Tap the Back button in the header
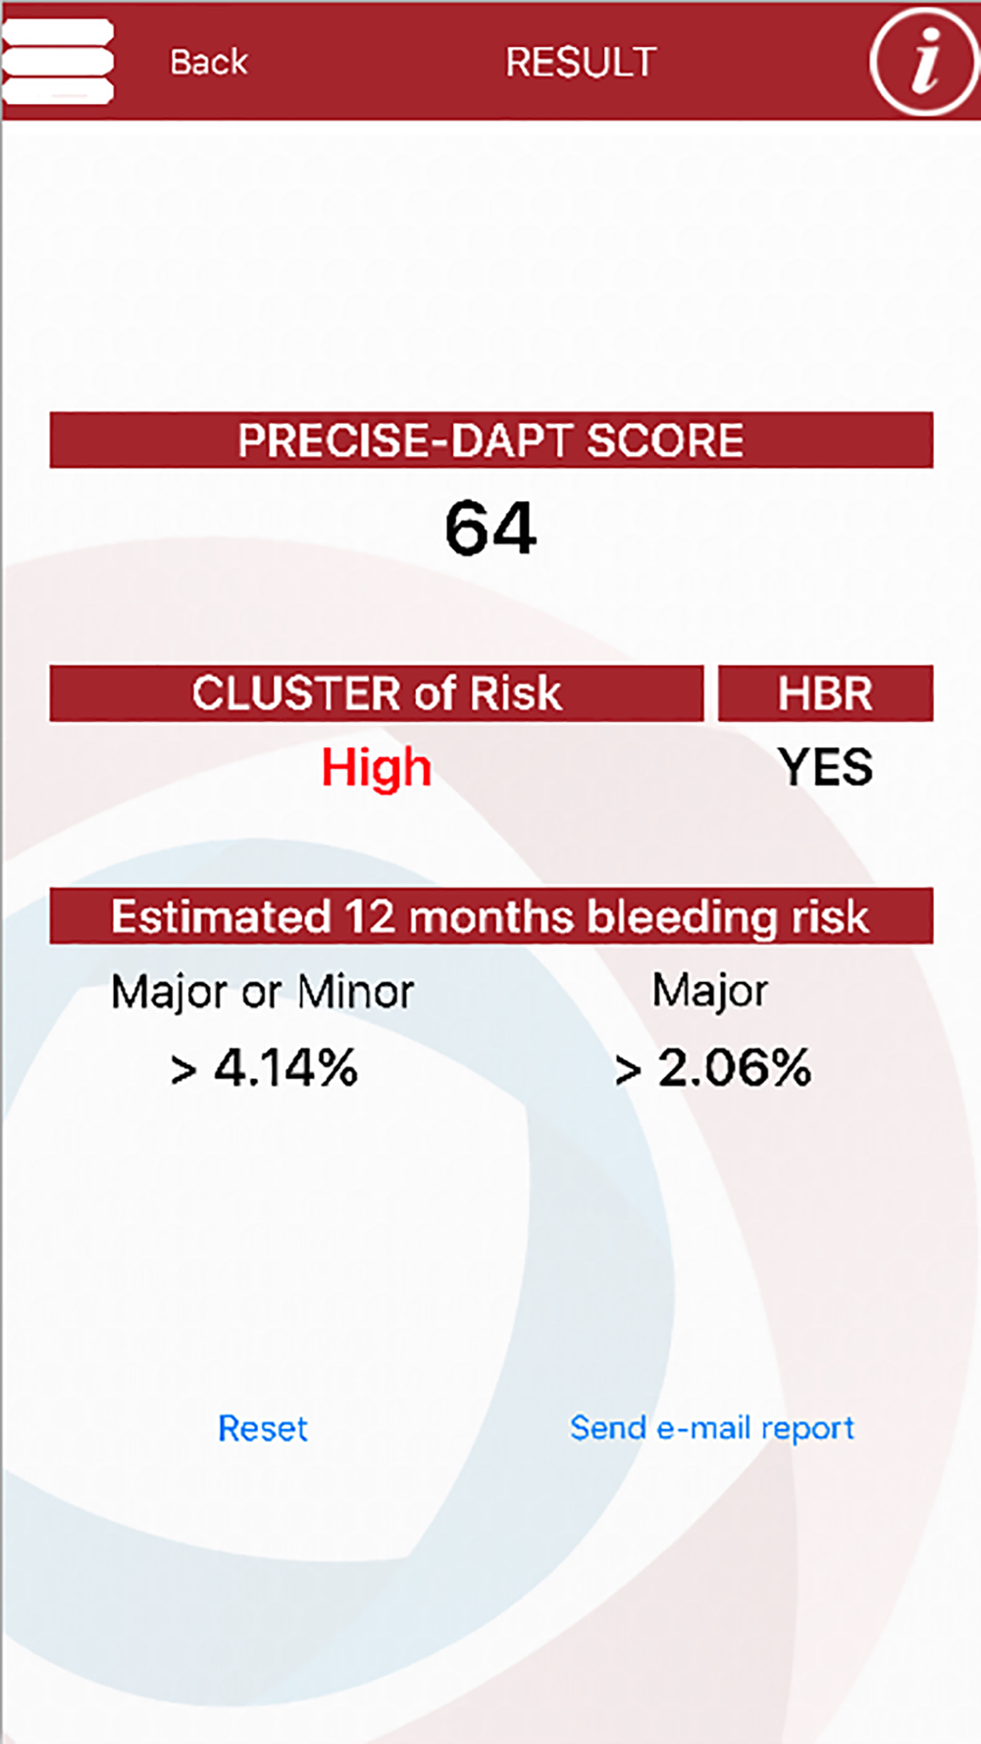(x=209, y=62)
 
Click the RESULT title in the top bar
(x=581, y=63)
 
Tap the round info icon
(x=923, y=61)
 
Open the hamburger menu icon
(x=57, y=61)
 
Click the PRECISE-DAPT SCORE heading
(x=490, y=440)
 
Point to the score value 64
(x=490, y=528)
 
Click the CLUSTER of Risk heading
(x=377, y=693)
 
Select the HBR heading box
(x=825, y=693)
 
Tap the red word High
(x=377, y=768)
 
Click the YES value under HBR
(x=825, y=767)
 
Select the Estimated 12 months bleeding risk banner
(x=490, y=916)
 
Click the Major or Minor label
(x=263, y=992)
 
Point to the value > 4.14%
(x=264, y=1068)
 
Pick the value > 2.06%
(x=713, y=1068)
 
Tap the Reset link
(x=263, y=1428)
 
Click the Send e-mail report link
(x=712, y=1428)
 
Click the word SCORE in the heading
(x=665, y=440)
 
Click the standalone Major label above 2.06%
(x=710, y=992)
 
